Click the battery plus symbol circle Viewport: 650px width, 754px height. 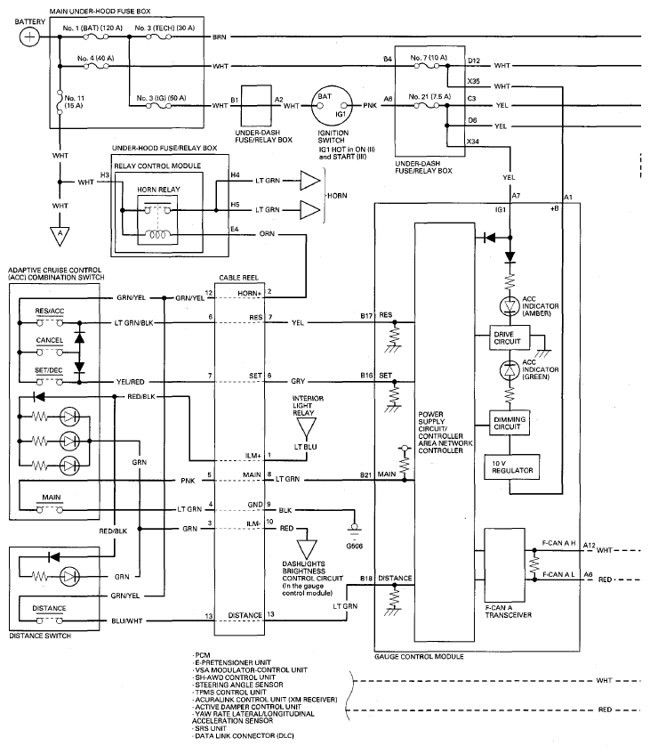click(x=29, y=37)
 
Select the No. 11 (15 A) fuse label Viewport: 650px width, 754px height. click(x=74, y=101)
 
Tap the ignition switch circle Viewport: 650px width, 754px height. click(x=331, y=105)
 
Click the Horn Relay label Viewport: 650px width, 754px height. click(x=158, y=190)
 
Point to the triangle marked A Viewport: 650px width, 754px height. click(x=60, y=236)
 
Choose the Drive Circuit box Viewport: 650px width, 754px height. click(x=510, y=337)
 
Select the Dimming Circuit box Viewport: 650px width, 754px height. click(x=510, y=423)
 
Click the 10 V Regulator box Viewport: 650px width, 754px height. click(x=512, y=467)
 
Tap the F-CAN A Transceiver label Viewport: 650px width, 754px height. click(x=509, y=612)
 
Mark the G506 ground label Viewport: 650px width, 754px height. click(x=355, y=546)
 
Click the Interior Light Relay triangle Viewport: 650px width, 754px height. click(x=306, y=427)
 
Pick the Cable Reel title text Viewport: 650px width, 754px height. click(x=238, y=278)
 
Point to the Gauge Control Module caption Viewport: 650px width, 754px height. click(x=419, y=656)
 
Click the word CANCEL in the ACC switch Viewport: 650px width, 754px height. click(x=50, y=340)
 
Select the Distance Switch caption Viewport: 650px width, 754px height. click(x=40, y=636)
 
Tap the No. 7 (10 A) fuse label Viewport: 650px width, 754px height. click(x=429, y=58)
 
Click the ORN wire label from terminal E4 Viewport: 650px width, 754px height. click(x=267, y=234)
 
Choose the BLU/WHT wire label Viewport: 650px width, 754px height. click(x=127, y=620)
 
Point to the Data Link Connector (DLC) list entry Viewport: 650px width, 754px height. click(x=243, y=735)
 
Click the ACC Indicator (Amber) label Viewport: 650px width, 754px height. click(x=541, y=306)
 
